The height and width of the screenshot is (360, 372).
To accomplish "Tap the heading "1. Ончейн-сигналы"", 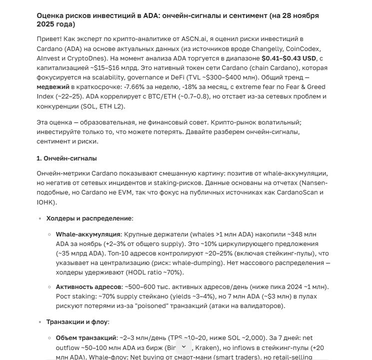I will pyautogui.click(x=66, y=158).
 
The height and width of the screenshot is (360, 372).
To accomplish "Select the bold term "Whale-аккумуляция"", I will pyautogui.click(x=88, y=234).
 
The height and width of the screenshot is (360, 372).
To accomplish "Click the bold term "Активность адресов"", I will pyautogui.click(x=88, y=287).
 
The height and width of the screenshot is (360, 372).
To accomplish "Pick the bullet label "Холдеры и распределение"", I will pyautogui.click(x=89, y=218).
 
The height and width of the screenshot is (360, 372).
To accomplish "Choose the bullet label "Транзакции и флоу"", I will pyautogui.click(x=77, y=322).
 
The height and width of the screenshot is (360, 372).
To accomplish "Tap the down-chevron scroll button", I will pyautogui.click(x=183, y=346).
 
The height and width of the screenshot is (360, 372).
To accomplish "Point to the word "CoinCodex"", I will pyautogui.click(x=303, y=48).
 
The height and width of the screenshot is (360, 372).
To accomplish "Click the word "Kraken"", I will pyautogui.click(x=206, y=347).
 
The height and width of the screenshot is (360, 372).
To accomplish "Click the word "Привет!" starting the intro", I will pyautogui.click(x=48, y=39).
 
